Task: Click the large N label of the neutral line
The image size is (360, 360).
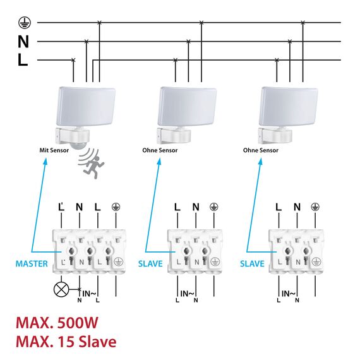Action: (x=23, y=42)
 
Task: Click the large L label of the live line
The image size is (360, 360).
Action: (x=23, y=61)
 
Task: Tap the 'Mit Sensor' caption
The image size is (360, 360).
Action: (x=53, y=150)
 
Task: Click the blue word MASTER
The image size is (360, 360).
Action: (x=32, y=263)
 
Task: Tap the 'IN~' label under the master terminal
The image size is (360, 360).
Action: (x=89, y=294)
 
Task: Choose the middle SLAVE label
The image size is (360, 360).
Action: (x=150, y=263)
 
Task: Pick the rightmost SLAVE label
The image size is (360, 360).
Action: (x=253, y=263)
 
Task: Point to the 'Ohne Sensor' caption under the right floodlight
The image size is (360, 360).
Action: (x=261, y=150)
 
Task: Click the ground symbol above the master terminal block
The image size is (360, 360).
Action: (x=116, y=207)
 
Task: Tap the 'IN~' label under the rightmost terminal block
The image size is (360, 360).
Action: (x=287, y=294)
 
